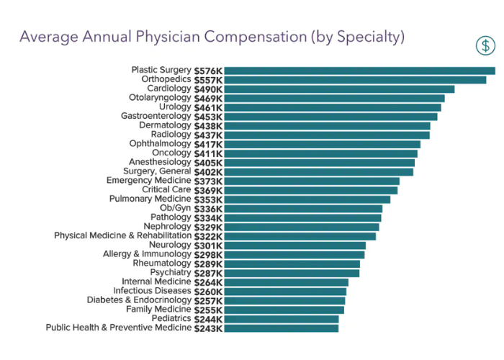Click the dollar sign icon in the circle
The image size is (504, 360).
pos(486,45)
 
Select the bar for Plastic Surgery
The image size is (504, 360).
pos(359,71)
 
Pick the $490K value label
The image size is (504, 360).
pos(208,89)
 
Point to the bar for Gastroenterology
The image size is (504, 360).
pos(330,117)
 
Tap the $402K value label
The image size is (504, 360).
pos(208,172)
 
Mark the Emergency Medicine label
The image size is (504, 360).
pos(148,181)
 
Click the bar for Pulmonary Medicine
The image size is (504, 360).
pos(307,199)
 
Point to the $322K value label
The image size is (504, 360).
pos(208,236)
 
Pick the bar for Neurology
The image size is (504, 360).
pos(294,246)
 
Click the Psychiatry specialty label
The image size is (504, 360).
pos(171,273)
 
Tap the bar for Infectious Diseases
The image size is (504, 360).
pos(285,292)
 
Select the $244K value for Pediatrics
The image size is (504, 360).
pos(208,319)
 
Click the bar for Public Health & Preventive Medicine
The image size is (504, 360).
pos(281,328)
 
